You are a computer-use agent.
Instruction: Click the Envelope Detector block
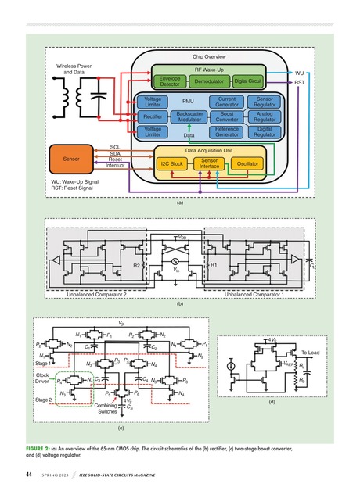170,81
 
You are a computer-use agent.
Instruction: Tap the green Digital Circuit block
249,81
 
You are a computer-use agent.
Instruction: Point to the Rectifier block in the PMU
153,116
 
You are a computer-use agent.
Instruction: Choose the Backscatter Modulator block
190,116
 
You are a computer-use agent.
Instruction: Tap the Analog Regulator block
265,116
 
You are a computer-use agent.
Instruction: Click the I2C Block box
171,164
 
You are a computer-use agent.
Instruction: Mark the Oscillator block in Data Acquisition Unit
247,164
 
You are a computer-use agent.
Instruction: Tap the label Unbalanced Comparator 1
250,294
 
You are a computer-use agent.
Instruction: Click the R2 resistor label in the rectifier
136,266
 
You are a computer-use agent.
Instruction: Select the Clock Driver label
43,378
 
